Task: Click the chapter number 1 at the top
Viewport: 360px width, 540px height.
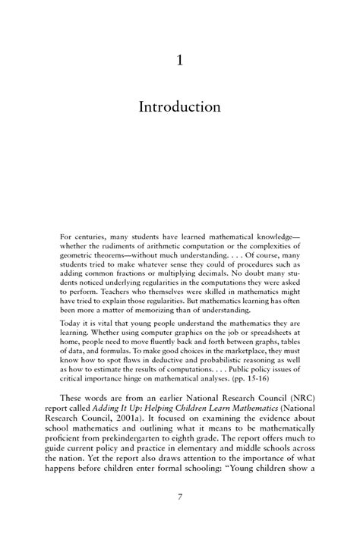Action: click(179, 61)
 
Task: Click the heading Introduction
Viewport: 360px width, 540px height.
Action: click(179, 107)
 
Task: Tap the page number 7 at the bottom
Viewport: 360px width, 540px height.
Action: click(179, 518)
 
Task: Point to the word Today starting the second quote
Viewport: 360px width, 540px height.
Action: click(71, 323)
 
